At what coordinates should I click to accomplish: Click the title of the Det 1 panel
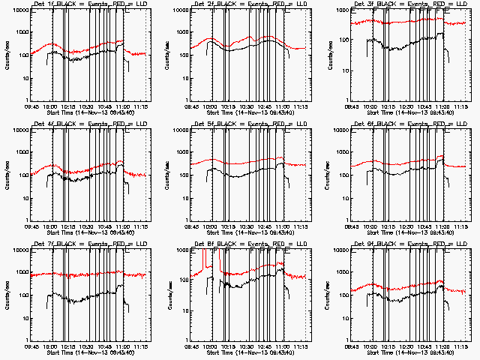(x=88, y=5)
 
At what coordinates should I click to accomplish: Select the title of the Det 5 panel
(x=248, y=125)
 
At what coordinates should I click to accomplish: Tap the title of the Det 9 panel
(x=408, y=244)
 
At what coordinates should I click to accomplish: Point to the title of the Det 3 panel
(x=408, y=5)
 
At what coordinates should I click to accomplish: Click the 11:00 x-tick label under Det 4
(x=124, y=226)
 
